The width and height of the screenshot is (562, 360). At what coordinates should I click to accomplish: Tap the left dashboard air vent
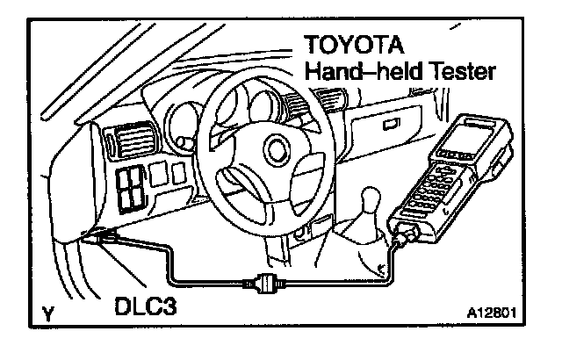(115, 140)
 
